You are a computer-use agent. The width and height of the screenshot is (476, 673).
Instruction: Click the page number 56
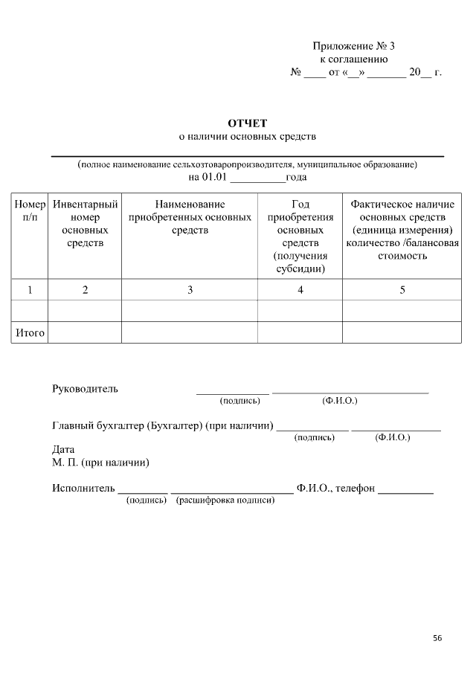(x=437, y=637)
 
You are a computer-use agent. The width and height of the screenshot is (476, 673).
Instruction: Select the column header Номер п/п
(x=30, y=210)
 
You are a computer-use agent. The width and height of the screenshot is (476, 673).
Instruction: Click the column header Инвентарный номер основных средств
(x=85, y=223)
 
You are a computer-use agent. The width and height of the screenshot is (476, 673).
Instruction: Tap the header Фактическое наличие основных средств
(x=402, y=230)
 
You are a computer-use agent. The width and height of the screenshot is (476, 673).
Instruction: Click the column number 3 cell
(x=190, y=290)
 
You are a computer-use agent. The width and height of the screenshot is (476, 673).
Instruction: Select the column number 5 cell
(x=402, y=290)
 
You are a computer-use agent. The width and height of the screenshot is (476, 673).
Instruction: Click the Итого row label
(x=30, y=333)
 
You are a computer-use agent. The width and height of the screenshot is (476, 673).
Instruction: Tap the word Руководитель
(x=85, y=389)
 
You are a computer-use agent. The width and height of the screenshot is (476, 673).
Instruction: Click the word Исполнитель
(x=83, y=489)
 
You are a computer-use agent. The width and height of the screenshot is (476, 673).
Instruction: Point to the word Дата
(x=63, y=450)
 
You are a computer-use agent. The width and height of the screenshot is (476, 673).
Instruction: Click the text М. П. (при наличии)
(x=100, y=463)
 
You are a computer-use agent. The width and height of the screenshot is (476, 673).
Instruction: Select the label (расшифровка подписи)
(x=225, y=500)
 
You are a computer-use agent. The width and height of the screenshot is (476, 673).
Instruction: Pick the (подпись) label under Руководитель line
(x=239, y=401)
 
